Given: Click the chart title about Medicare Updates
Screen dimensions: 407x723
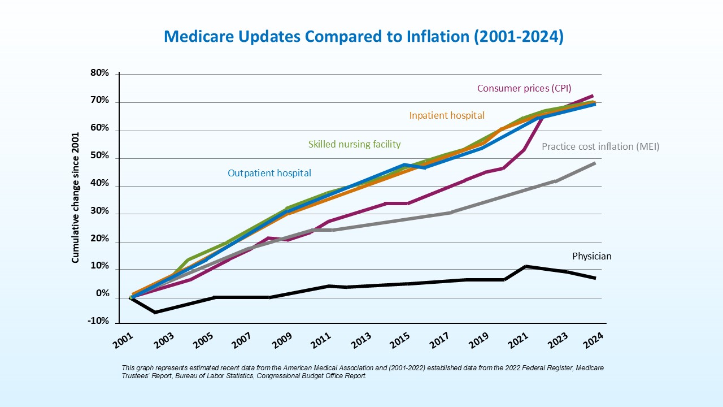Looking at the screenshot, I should tap(363, 37).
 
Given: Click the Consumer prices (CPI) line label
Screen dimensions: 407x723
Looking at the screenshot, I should tap(524, 88).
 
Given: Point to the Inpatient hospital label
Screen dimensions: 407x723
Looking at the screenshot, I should tap(447, 115).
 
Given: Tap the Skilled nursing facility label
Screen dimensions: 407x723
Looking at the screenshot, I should tap(354, 144).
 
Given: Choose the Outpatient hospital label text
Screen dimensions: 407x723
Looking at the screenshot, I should tap(269, 173).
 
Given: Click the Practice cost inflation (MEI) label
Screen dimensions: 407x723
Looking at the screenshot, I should tap(600, 146).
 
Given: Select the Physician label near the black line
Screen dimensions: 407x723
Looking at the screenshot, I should tap(591, 256).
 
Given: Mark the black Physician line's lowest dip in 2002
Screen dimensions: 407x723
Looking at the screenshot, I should tap(154, 312).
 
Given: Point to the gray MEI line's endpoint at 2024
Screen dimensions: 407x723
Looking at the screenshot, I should tap(595, 163).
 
